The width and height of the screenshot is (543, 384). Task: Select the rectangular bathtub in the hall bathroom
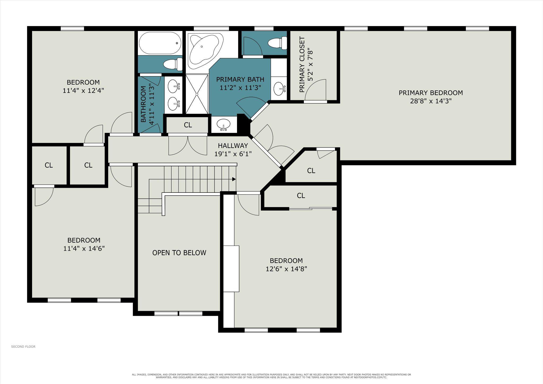click(160, 43)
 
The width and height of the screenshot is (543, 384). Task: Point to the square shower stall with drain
click(197, 94)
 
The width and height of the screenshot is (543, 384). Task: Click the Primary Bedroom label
click(431, 93)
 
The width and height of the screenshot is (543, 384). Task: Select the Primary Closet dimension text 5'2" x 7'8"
click(310, 64)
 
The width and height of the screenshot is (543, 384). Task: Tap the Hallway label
click(233, 146)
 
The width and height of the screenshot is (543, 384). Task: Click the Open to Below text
click(179, 253)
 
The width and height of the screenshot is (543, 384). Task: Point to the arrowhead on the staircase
click(234, 179)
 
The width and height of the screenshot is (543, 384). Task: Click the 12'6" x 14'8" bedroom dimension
click(286, 269)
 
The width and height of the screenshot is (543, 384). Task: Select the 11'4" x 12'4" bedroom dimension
click(83, 90)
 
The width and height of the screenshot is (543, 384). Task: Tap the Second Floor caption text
click(23, 347)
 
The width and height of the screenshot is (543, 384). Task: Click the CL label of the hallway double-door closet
click(188, 125)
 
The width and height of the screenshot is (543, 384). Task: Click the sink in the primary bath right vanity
click(279, 88)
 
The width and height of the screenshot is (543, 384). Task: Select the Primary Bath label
click(240, 79)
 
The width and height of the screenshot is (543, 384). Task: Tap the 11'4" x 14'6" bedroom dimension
click(84, 248)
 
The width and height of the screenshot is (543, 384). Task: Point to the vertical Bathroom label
click(143, 104)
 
